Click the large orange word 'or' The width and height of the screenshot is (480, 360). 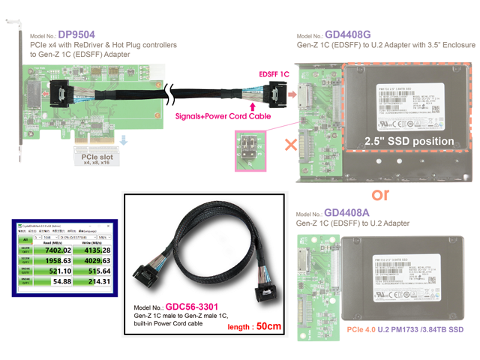(380, 194)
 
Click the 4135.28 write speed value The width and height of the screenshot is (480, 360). (96, 250)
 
